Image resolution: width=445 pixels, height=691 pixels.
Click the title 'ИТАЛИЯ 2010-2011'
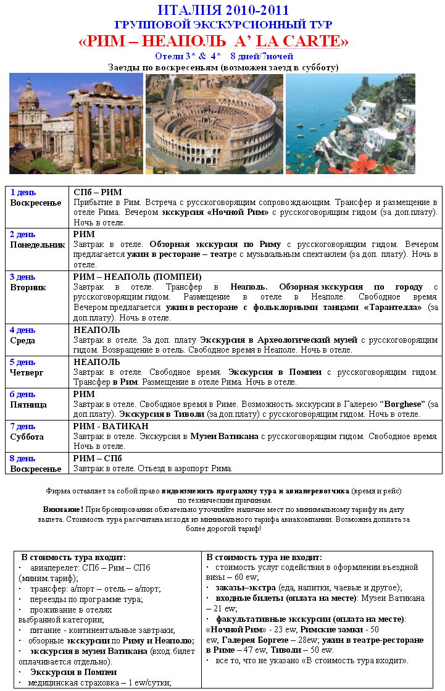[x=223, y=10]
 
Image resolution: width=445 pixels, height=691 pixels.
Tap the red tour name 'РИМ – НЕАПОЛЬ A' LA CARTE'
[x=214, y=41]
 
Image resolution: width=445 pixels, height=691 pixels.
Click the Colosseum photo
[x=214, y=124]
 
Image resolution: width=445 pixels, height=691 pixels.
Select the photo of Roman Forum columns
[x=76, y=124]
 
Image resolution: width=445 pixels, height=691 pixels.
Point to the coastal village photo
[x=350, y=124]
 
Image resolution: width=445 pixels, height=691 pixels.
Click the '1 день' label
[x=23, y=192]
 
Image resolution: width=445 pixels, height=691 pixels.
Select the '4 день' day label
[x=23, y=330]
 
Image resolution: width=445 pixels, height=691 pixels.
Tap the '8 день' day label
[x=23, y=458]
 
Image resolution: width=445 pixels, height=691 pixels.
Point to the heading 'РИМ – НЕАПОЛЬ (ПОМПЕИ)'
[x=138, y=277]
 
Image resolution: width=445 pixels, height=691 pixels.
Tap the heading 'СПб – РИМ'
[x=98, y=192]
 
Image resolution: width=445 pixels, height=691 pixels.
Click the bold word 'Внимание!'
[x=63, y=509]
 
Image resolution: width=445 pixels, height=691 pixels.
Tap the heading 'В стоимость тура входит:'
[x=73, y=557]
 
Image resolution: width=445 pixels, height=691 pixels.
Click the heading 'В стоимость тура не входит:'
[x=264, y=557]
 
